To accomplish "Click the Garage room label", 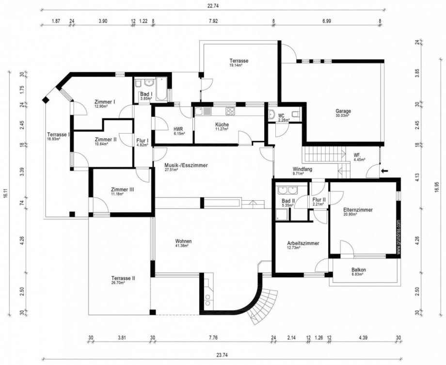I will pos(343,111).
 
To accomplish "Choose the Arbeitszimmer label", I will pos(303,243).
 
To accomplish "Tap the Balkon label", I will pos(358,270).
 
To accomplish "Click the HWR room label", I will pos(178,129).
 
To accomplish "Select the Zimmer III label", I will pos(122,190).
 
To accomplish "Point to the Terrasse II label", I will pos(123,278).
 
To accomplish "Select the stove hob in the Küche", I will pos(230,111).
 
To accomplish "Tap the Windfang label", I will pos(302,170).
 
